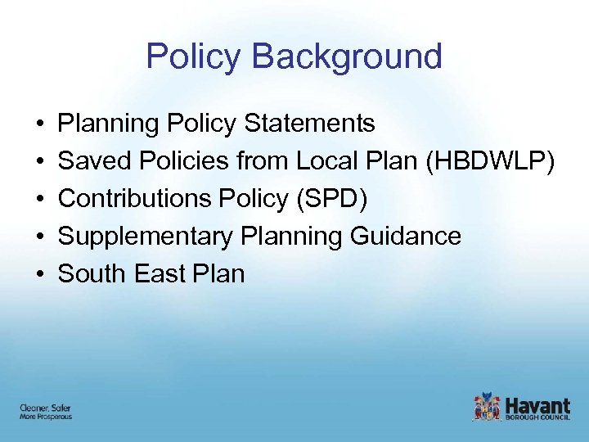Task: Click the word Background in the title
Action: (x=348, y=56)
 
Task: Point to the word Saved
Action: (x=91, y=161)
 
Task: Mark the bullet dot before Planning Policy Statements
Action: (x=39, y=124)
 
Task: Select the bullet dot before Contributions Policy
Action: (x=39, y=200)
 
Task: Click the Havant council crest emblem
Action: (x=487, y=407)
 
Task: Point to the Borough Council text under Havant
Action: (x=537, y=417)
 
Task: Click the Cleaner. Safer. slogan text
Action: (x=40, y=407)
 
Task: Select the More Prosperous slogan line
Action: (x=46, y=417)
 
